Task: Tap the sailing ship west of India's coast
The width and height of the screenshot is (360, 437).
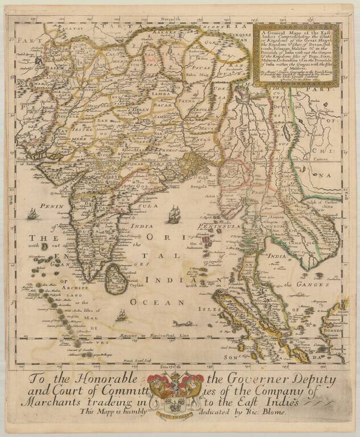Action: click(x=33, y=214)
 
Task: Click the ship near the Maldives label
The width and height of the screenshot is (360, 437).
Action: click(x=121, y=314)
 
